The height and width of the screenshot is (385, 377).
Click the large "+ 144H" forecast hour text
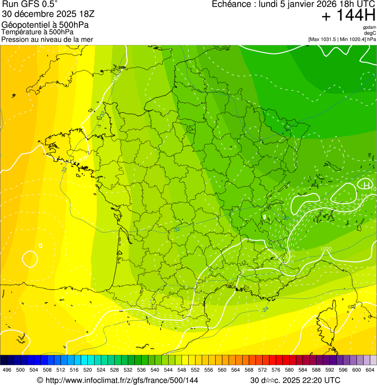[348, 16]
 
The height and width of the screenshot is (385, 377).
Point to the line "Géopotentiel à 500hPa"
[45, 25]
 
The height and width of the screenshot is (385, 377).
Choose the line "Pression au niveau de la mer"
[47, 39]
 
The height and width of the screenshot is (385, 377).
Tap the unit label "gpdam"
[369, 27]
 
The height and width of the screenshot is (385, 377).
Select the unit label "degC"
[370, 33]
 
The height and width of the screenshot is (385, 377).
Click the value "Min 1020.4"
[353, 39]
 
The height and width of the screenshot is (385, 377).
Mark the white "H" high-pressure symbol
[366, 185]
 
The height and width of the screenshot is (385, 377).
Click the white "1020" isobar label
[326, 249]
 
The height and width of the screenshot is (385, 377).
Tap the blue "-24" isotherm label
[265, 310]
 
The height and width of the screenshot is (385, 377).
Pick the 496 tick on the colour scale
[7, 370]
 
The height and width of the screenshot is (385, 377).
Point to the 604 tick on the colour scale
[370, 370]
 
